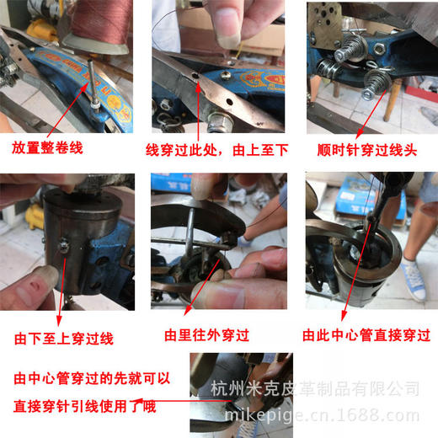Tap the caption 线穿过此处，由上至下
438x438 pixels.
coord(217,149)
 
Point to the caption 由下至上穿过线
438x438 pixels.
coord(63,339)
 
